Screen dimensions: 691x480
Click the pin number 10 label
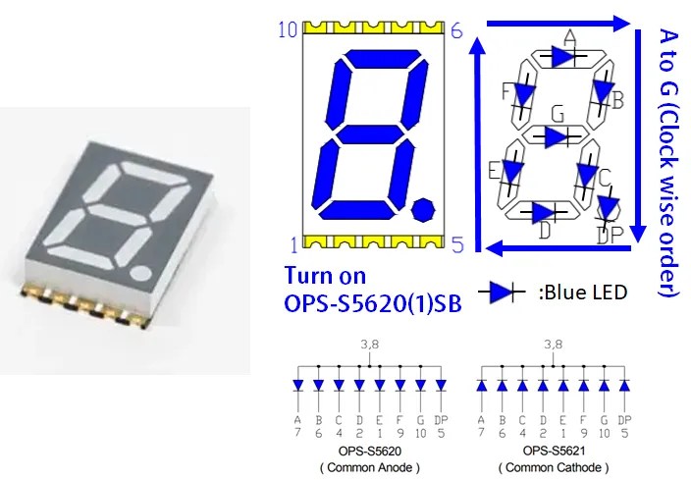(289, 29)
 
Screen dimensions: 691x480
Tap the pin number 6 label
(456, 30)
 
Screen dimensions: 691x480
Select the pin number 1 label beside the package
(294, 245)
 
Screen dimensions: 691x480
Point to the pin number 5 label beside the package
(458, 244)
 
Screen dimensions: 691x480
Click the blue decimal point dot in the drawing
(423, 209)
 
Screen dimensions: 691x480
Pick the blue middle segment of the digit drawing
(370, 134)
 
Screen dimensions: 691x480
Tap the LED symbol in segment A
(563, 56)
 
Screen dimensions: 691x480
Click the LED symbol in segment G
(558, 137)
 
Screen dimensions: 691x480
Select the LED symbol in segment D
(544, 212)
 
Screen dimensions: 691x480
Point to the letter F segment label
(505, 91)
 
